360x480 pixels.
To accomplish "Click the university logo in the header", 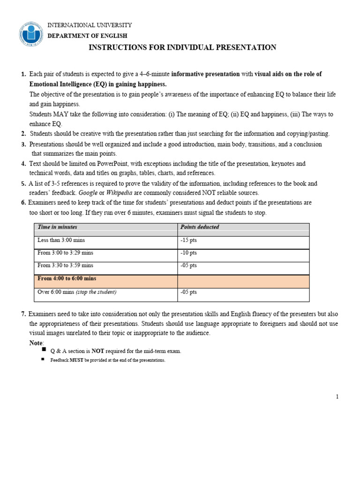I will (x=31, y=33).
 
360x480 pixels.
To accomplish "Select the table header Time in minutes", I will (x=57, y=227).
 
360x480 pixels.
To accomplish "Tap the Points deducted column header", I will (x=200, y=227).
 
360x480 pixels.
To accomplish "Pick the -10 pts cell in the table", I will (x=188, y=253).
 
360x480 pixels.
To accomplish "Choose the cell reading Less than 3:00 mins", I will (x=61, y=240).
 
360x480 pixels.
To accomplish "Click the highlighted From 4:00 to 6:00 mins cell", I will (x=67, y=278).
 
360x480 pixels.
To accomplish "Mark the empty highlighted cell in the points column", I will (x=243, y=281).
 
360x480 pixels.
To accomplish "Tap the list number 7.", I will (x=23, y=314).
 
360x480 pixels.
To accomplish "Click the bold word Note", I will (x=36, y=343).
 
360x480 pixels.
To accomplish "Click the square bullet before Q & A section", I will (x=44, y=350).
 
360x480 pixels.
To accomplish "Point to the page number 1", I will (x=337, y=397).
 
